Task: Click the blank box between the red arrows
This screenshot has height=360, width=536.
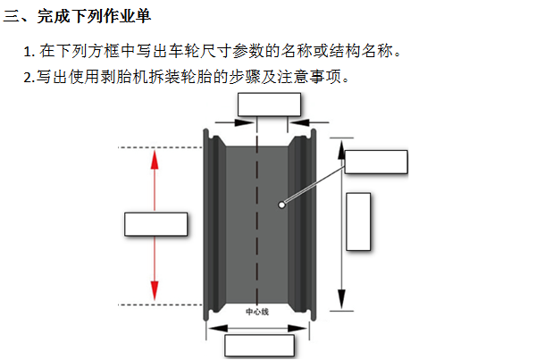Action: pos(155,224)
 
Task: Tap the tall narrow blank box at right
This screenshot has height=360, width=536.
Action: pos(358,222)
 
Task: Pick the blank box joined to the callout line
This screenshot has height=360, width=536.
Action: pos(376,163)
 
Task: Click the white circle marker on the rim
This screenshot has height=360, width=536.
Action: pos(281,205)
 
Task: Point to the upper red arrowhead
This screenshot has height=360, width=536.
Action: pos(155,160)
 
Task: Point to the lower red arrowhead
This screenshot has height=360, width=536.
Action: pos(155,289)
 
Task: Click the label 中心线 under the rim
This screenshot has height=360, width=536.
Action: pos(257,313)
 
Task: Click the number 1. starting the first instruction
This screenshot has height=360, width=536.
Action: pos(29,51)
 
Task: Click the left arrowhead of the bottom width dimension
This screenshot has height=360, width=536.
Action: pos(213,328)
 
